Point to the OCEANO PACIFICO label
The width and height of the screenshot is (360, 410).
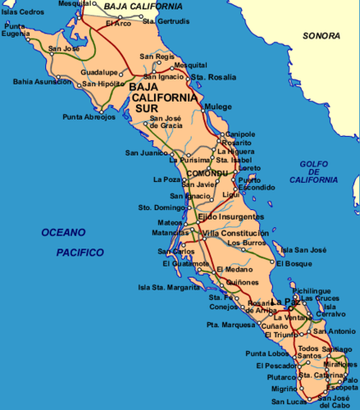(x=73, y=242)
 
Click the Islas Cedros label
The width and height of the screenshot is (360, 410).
(x=21, y=12)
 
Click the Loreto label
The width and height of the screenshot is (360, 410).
(x=251, y=169)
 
